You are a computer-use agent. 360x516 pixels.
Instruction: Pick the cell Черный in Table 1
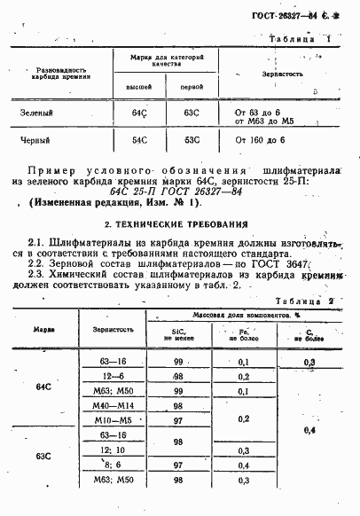[36, 140]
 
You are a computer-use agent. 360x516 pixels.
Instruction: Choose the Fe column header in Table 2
[245, 333]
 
